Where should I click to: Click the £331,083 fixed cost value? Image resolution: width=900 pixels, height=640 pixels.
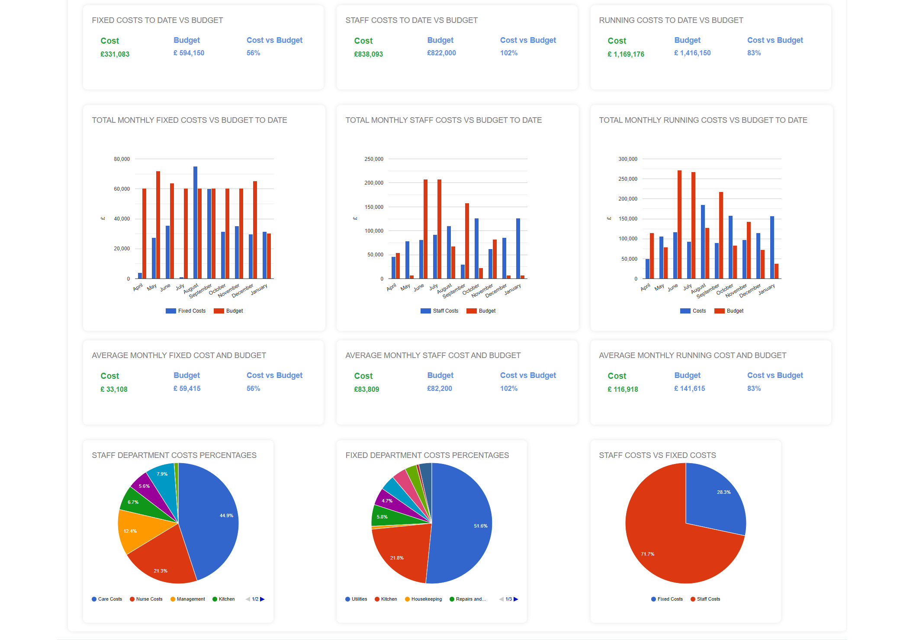tap(115, 54)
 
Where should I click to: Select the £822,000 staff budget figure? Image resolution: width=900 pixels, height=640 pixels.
tap(441, 53)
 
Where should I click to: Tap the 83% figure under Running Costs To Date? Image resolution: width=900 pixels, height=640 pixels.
tap(754, 53)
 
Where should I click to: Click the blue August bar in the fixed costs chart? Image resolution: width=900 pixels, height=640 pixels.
tap(195, 222)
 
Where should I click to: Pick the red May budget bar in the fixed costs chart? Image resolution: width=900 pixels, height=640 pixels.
tap(158, 225)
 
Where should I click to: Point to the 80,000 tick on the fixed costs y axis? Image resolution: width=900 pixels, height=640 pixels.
tap(122, 159)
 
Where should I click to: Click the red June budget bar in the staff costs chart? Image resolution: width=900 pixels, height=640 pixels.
tap(425, 229)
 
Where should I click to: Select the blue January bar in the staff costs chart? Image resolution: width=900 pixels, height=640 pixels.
tap(518, 248)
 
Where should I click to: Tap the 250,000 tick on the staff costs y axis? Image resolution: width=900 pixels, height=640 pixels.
tap(374, 159)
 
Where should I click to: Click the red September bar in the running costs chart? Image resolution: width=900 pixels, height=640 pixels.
tap(721, 235)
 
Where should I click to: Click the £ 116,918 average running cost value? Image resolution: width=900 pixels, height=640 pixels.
tap(623, 389)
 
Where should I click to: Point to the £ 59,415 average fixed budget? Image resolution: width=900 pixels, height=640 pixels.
tap(187, 388)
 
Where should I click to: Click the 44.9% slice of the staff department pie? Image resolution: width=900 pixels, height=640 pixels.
tap(212, 519)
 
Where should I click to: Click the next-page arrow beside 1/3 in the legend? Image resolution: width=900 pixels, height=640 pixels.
tap(516, 599)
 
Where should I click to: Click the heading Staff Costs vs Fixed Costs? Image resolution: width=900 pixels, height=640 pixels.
tap(657, 455)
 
